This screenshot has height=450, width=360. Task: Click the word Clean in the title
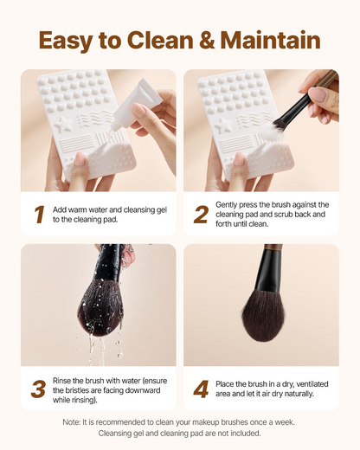[160, 40]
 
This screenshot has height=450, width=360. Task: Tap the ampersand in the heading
[207, 40]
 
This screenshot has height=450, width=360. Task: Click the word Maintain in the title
[271, 40]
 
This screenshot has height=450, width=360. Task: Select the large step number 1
[40, 215]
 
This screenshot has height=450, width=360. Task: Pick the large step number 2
[201, 215]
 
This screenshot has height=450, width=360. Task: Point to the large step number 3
[38, 389]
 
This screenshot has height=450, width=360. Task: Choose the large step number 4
[201, 389]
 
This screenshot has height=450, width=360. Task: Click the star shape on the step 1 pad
[63, 125]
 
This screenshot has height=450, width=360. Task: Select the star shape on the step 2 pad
[223, 125]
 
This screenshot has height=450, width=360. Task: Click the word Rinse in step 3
[61, 381]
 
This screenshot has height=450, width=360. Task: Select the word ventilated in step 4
[312, 384]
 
